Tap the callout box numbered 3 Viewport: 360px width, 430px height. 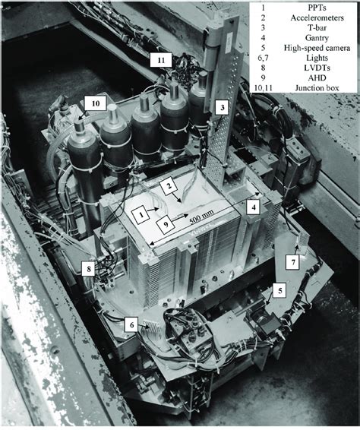point(220,107)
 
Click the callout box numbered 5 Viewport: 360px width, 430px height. point(279,289)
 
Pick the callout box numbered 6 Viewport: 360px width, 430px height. point(131,323)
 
